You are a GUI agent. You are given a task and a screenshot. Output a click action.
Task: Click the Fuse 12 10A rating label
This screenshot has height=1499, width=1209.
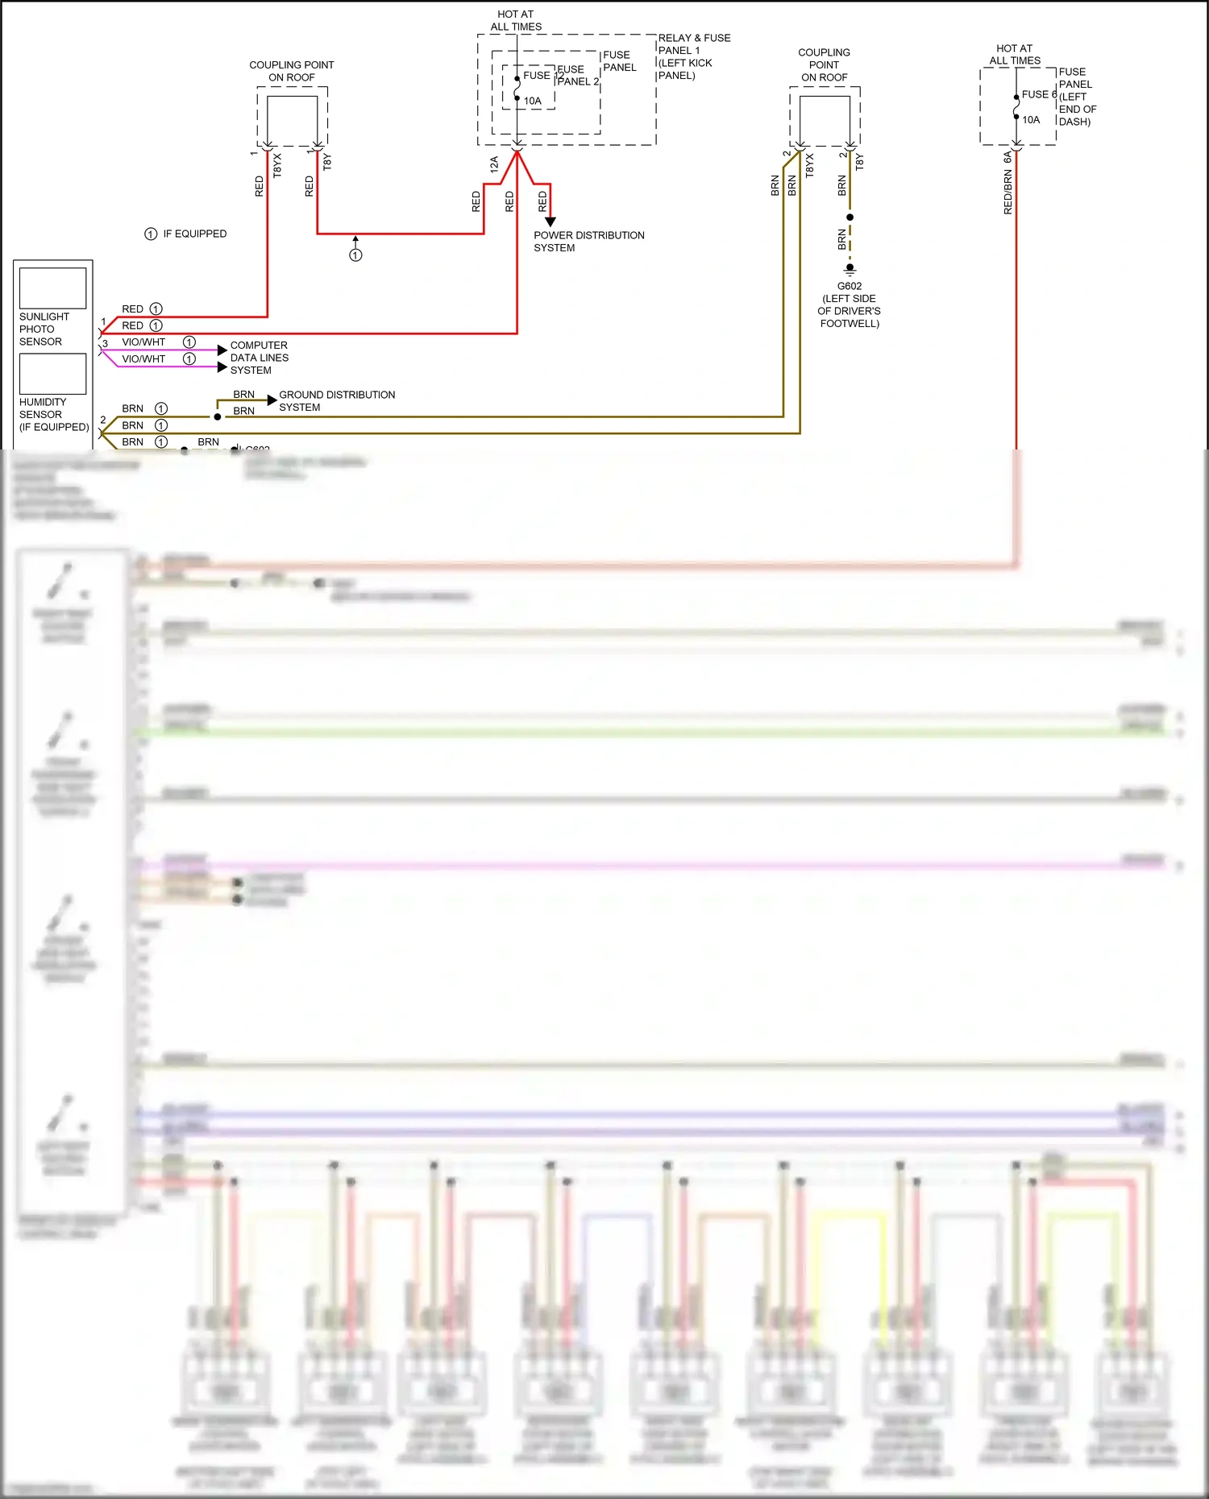tap(533, 101)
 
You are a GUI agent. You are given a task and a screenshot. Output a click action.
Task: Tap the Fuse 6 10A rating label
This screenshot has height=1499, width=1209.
tap(1031, 119)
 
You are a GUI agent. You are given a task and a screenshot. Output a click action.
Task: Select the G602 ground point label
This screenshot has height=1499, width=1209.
tap(850, 286)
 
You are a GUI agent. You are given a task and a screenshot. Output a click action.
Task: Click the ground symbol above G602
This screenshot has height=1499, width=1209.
tap(850, 270)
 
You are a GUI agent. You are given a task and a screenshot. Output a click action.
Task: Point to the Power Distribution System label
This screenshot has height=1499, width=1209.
tap(588, 242)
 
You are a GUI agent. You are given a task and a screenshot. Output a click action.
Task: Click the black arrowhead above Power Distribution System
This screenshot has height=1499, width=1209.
tap(550, 222)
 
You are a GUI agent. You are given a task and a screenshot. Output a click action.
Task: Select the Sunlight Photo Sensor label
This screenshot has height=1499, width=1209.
tap(44, 329)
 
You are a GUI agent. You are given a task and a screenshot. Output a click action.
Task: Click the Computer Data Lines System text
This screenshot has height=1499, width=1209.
tap(259, 358)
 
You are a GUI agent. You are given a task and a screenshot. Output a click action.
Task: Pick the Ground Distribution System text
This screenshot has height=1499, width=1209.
tap(336, 400)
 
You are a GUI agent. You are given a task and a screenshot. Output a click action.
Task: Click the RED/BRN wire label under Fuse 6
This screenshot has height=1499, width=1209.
tap(1008, 192)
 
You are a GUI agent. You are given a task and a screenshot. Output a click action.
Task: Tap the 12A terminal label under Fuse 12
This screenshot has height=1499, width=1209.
tap(494, 165)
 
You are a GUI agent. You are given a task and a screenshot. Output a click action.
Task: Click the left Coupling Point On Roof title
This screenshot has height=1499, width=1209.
tap(291, 71)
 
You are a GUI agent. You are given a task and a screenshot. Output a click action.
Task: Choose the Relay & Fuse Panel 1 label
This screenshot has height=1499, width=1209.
tap(694, 56)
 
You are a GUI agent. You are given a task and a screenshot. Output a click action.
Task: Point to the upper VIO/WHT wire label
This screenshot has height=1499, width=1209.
tap(143, 342)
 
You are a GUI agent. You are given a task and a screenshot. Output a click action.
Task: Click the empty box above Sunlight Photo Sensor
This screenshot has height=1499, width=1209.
tap(52, 288)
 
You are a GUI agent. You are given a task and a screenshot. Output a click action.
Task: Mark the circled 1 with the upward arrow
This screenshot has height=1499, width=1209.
tap(355, 255)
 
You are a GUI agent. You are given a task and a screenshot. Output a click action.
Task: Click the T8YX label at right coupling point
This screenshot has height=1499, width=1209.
tap(809, 165)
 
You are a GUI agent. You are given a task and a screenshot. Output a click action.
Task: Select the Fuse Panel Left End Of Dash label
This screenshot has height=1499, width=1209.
tap(1077, 97)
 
